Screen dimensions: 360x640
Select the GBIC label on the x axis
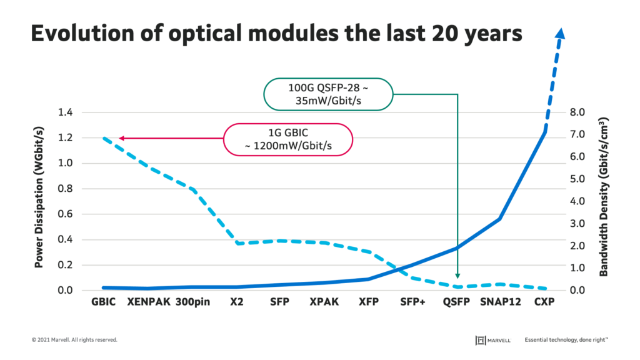coord(103,302)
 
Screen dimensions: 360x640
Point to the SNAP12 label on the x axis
coord(501,302)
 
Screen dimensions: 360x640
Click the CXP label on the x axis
coord(544,302)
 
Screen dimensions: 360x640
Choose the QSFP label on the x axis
coord(456,302)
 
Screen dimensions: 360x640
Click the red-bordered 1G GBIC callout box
coord(287,139)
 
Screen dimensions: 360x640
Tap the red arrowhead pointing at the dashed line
coord(121,138)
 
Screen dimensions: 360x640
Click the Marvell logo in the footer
coord(493,340)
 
